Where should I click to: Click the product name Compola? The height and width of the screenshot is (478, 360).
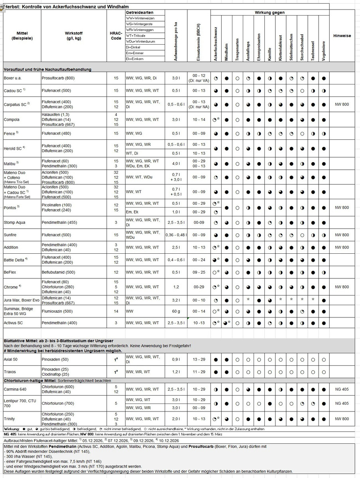coord(11,119)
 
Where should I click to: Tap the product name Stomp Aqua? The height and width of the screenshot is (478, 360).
coord(15,222)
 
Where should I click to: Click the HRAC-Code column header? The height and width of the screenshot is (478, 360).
coord(116,36)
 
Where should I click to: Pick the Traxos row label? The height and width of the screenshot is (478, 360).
coord(10,372)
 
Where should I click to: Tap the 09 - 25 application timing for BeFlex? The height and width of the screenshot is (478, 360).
coord(199,272)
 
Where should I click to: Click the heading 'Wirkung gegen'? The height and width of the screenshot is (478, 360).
coord(270,13)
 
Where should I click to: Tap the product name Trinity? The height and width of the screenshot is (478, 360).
coord(10,419)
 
